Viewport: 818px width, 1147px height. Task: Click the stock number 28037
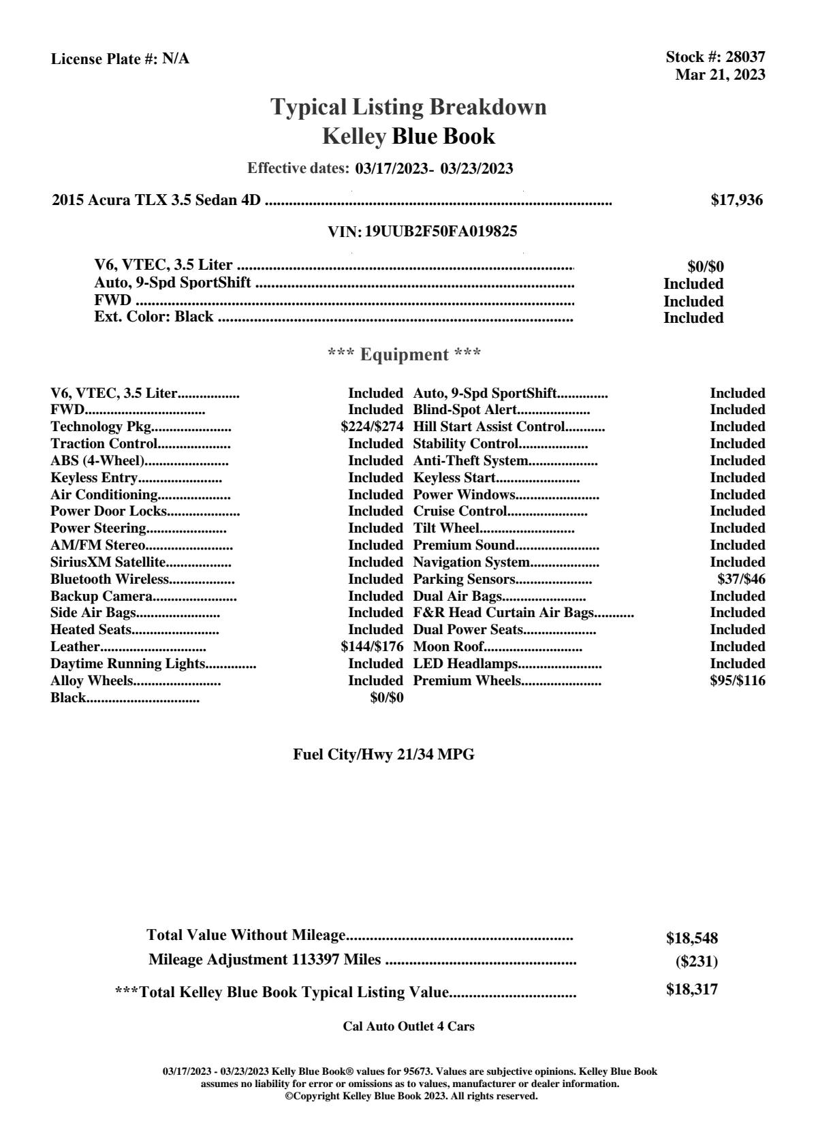point(745,57)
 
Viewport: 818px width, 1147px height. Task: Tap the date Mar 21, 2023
point(720,74)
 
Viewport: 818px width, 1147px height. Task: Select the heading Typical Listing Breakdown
point(409,107)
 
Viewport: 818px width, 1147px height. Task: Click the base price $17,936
point(736,200)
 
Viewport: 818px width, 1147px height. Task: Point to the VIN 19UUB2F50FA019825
point(441,232)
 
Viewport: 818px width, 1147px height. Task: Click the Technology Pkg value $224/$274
point(372,427)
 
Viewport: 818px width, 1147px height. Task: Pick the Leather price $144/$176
point(372,647)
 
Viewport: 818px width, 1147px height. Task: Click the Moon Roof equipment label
point(449,647)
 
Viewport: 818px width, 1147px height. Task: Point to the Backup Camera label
point(101,597)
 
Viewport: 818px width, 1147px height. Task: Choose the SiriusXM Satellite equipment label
point(108,563)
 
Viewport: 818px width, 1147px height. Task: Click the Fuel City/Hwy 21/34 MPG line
point(383,755)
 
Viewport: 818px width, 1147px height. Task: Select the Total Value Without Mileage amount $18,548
point(692,939)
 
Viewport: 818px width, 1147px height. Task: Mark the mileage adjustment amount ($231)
point(696,962)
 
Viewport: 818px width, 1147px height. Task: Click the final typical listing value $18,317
point(692,990)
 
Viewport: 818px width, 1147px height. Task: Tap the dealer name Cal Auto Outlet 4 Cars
point(409,1026)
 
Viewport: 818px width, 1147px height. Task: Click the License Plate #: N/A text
point(120,59)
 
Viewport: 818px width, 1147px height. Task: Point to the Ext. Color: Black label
point(153,317)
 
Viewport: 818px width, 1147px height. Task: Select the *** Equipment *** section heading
point(405,355)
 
